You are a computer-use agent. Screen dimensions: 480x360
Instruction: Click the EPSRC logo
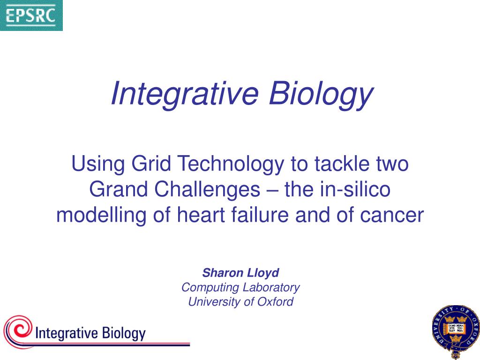coord(31,15)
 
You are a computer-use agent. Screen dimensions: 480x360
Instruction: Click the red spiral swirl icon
coord(18,331)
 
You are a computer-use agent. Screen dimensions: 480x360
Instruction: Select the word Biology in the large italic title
coord(321,93)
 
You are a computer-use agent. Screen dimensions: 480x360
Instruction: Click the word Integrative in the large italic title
coord(185,93)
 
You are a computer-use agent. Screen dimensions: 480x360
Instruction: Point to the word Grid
coord(151,164)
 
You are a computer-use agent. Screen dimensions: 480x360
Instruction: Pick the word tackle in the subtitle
coord(342,164)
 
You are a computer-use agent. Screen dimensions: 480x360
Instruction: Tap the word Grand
coord(119,189)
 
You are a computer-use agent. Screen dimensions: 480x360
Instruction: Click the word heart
coord(201,215)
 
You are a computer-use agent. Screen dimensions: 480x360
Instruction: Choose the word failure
coord(260,215)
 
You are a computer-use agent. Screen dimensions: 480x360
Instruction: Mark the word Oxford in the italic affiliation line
coord(275,301)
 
